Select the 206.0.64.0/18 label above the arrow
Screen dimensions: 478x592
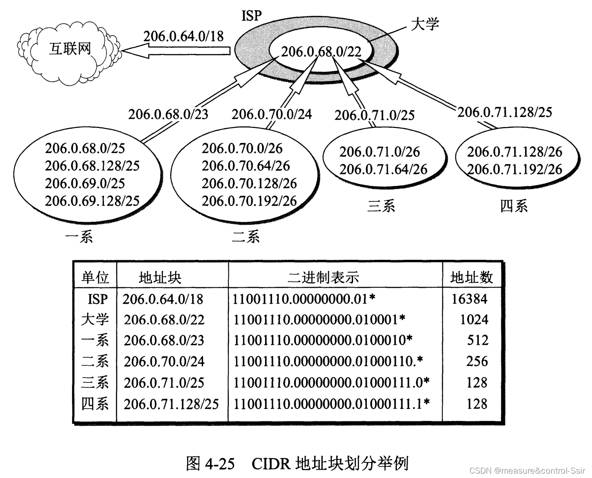click(x=183, y=36)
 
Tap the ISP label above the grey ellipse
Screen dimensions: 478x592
click(x=252, y=16)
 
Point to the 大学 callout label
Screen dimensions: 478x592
click(x=425, y=23)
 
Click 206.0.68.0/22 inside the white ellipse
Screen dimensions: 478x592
click(x=322, y=52)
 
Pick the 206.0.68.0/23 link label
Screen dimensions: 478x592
click(x=168, y=114)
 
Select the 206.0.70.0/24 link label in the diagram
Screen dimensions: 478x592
click(x=272, y=114)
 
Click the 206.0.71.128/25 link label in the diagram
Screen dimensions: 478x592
click(x=505, y=112)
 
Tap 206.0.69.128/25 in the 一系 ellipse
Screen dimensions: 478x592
click(x=92, y=201)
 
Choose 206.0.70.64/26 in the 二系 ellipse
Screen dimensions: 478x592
click(x=246, y=166)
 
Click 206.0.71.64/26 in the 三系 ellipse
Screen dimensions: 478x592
click(x=383, y=169)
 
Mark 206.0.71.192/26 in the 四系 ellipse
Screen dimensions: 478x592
click(x=515, y=169)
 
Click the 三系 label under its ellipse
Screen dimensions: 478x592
click(x=381, y=206)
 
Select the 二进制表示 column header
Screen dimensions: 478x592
click(x=323, y=278)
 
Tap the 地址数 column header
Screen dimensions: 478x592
click(x=472, y=278)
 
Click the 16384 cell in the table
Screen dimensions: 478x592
click(x=469, y=299)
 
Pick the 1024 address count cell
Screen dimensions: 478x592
click(x=474, y=320)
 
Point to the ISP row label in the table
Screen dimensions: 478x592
click(x=97, y=299)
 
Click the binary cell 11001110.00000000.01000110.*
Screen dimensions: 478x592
click(x=328, y=362)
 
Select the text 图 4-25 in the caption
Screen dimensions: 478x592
click(x=210, y=463)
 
